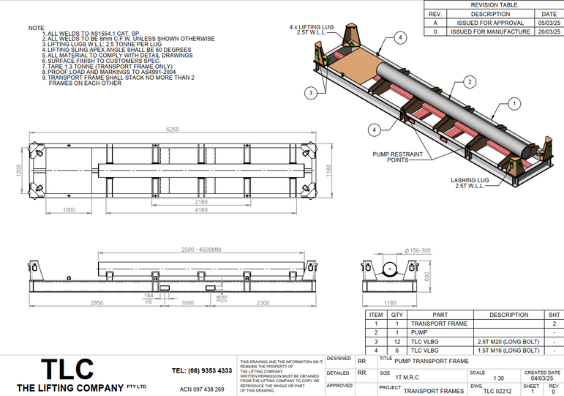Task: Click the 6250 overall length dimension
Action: tap(172, 129)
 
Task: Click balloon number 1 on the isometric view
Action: tap(515, 105)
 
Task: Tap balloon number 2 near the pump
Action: tap(470, 81)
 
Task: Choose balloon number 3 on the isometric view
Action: tap(312, 93)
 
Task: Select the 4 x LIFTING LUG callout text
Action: tap(312, 29)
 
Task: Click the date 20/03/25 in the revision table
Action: tap(549, 31)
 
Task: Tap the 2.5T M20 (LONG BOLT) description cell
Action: tap(508, 341)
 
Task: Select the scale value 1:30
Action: tap(498, 378)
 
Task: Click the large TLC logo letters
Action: tap(67, 369)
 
